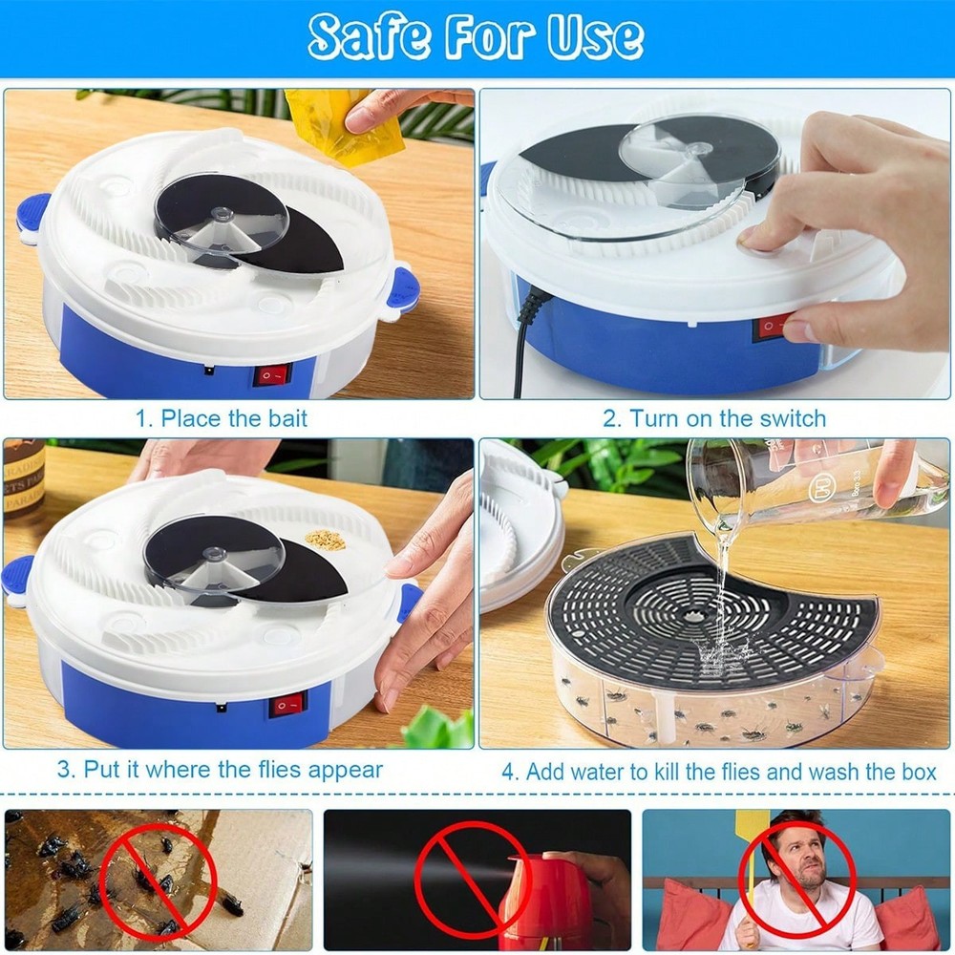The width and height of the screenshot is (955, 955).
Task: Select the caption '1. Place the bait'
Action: click(221, 417)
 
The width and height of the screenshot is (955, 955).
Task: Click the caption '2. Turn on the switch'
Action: click(714, 417)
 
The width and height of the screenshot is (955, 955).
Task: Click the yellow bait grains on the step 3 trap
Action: click(326, 540)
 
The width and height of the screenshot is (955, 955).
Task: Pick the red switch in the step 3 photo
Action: click(286, 706)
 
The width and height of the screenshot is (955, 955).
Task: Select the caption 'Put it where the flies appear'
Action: click(232, 769)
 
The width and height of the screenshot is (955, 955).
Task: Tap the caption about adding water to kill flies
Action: click(719, 772)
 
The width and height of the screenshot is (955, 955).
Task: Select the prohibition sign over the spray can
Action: click(473, 877)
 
